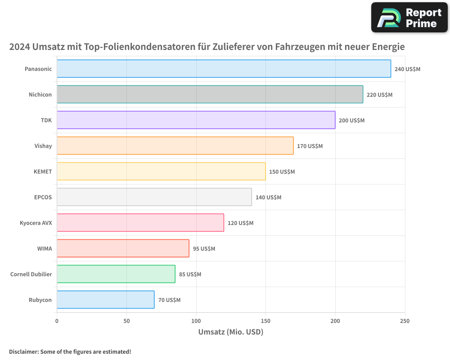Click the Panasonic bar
(224, 69)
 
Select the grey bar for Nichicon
(210, 94)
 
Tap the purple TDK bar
(196, 120)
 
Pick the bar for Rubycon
(105, 300)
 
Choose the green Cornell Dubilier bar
(116, 274)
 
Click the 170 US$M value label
(310, 146)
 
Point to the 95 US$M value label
(204, 249)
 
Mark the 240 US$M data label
(407, 69)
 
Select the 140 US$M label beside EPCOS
(268, 198)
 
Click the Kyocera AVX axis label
(36, 223)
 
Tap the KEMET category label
(43, 172)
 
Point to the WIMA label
(45, 249)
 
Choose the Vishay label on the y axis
(43, 146)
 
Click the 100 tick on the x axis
(196, 321)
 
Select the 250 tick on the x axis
(405, 321)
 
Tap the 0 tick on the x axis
(57, 321)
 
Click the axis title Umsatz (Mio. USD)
(230, 332)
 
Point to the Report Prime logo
(409, 18)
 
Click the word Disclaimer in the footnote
(23, 352)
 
